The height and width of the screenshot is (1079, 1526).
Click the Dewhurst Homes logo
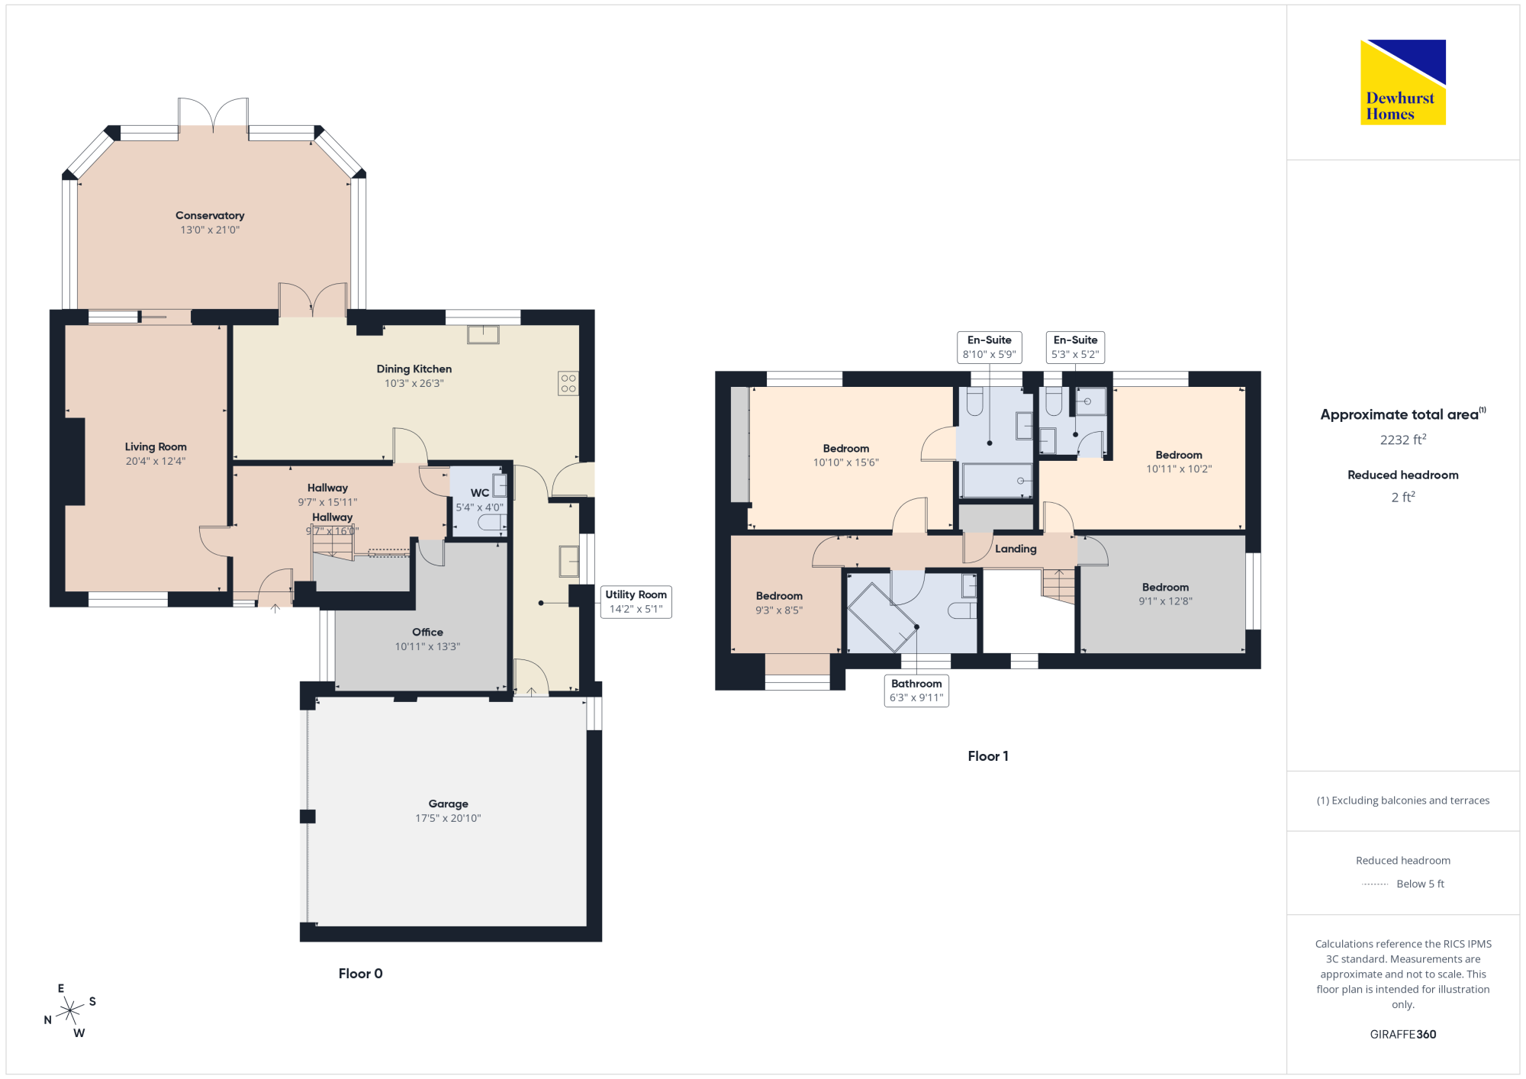[x=1403, y=82]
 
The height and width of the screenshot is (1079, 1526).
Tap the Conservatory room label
[x=210, y=216]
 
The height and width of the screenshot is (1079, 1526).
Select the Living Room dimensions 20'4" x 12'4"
[x=156, y=462]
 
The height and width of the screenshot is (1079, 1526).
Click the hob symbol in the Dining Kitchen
[x=568, y=383]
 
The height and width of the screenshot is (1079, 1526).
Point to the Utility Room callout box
[x=636, y=601]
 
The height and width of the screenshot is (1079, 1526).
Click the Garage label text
[x=449, y=804]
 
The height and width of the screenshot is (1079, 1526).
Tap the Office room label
[x=427, y=633]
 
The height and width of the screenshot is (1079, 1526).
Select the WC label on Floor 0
[x=480, y=493]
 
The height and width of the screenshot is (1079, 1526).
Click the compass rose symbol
[x=70, y=1010]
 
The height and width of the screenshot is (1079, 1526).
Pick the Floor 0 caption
[x=361, y=974]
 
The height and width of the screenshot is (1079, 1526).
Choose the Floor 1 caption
[x=988, y=756]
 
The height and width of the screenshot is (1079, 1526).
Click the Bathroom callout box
[x=916, y=691]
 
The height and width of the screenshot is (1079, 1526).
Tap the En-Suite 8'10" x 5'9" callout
[x=990, y=347]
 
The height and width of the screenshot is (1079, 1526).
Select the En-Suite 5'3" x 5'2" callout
[x=1075, y=347]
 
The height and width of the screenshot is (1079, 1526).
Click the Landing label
[x=1016, y=549]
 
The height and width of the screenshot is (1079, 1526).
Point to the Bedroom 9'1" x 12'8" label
[x=1165, y=594]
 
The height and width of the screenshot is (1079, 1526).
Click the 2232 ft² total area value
[x=1403, y=440]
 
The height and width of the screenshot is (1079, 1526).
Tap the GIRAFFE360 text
[x=1403, y=1035]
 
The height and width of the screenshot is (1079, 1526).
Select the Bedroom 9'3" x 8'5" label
[x=779, y=603]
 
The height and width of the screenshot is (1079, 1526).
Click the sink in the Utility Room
[x=569, y=561]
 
